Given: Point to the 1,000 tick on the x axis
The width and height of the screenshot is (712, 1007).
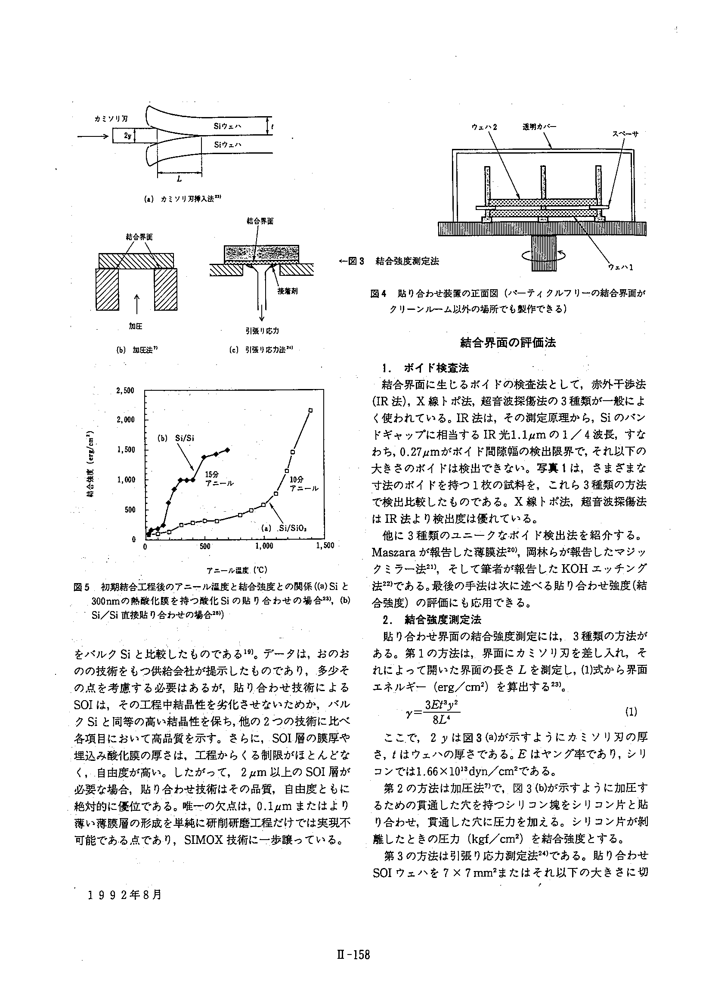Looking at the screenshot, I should (264, 546).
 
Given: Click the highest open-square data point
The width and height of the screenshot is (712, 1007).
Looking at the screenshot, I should (310, 410).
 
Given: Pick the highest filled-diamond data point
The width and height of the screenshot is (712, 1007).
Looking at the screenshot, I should (227, 450).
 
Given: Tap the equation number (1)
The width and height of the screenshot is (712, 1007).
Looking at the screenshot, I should (630, 712).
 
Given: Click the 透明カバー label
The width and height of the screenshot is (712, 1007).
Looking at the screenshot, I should (539, 127).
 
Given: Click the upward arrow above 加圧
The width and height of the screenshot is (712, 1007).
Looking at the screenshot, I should (137, 303).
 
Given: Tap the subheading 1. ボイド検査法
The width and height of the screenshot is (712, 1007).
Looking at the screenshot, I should (425, 368).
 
